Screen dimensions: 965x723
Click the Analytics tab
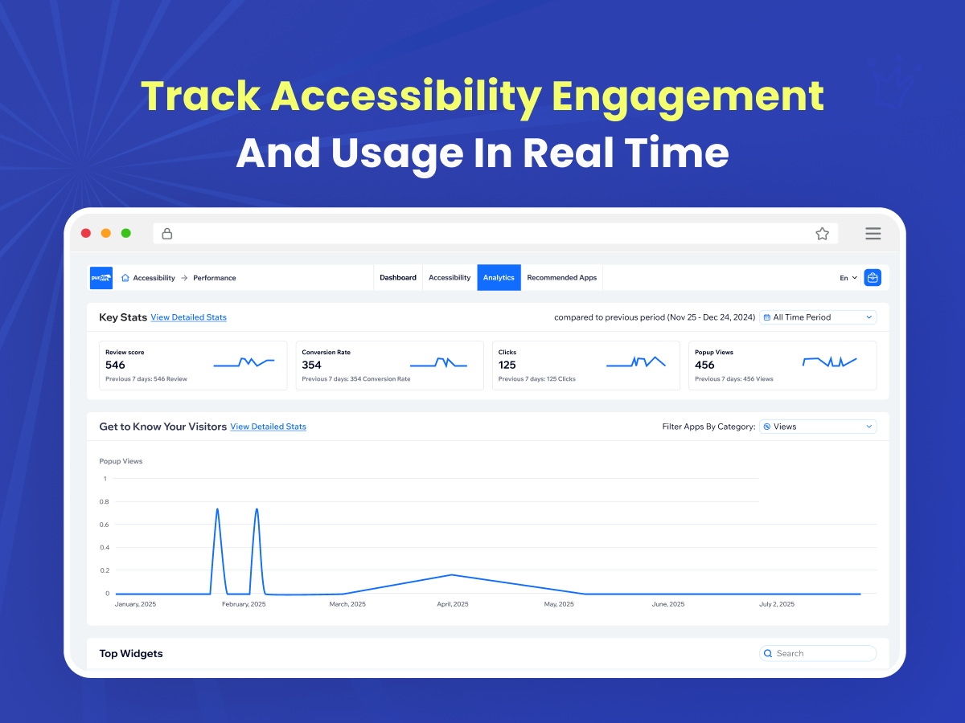499,277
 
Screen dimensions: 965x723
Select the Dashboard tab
398,277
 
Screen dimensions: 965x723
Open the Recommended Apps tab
562,277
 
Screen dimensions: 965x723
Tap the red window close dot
86,233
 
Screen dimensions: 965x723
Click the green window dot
126,233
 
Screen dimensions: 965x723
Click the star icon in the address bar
822,234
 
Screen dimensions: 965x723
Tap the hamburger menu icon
873,234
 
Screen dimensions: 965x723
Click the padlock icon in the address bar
167,234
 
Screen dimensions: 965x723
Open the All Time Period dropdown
818,317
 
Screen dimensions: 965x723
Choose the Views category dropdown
818,427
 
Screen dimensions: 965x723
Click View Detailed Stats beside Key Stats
189,317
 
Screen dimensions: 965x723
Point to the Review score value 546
115,365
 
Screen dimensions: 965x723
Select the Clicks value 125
507,365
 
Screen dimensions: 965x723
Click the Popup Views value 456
704,365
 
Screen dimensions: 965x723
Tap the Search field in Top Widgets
818,653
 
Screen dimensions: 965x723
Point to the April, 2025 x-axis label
453,604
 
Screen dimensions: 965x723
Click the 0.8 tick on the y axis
105,501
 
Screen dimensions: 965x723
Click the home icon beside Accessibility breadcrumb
125,277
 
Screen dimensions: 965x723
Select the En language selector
848,278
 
